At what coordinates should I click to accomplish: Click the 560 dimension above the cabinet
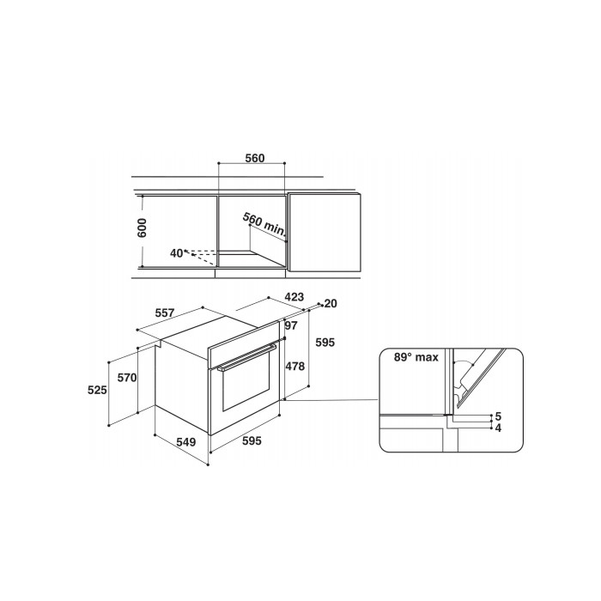(x=255, y=158)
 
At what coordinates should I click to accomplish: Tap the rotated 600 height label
(x=142, y=228)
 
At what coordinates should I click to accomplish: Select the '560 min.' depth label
(x=264, y=224)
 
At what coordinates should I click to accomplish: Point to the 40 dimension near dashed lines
(x=176, y=253)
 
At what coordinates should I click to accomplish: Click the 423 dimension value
(x=294, y=297)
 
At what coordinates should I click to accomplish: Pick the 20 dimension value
(x=331, y=304)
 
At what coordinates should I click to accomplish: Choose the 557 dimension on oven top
(x=165, y=313)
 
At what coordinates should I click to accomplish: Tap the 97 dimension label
(x=291, y=325)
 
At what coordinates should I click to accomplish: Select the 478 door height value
(x=295, y=367)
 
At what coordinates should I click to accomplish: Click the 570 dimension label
(x=127, y=378)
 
